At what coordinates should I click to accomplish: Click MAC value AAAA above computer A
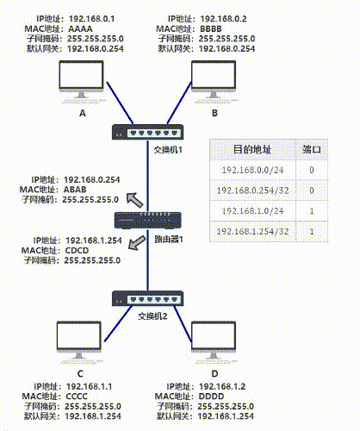pyautogui.click(x=79, y=28)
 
